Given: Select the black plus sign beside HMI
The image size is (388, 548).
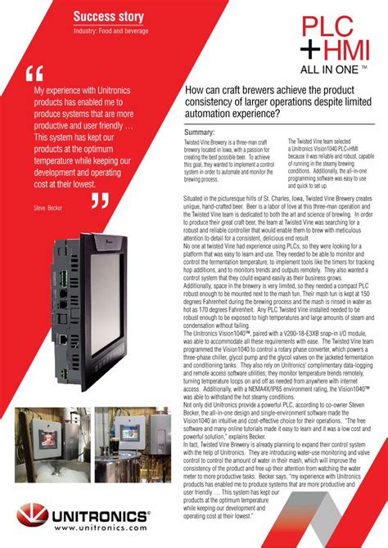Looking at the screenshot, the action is [309, 51].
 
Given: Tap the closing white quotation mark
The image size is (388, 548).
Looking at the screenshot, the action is [100, 200].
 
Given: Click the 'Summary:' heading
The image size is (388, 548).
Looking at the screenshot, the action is [200, 132].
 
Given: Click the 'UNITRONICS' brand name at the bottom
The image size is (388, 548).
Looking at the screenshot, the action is [99, 516].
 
